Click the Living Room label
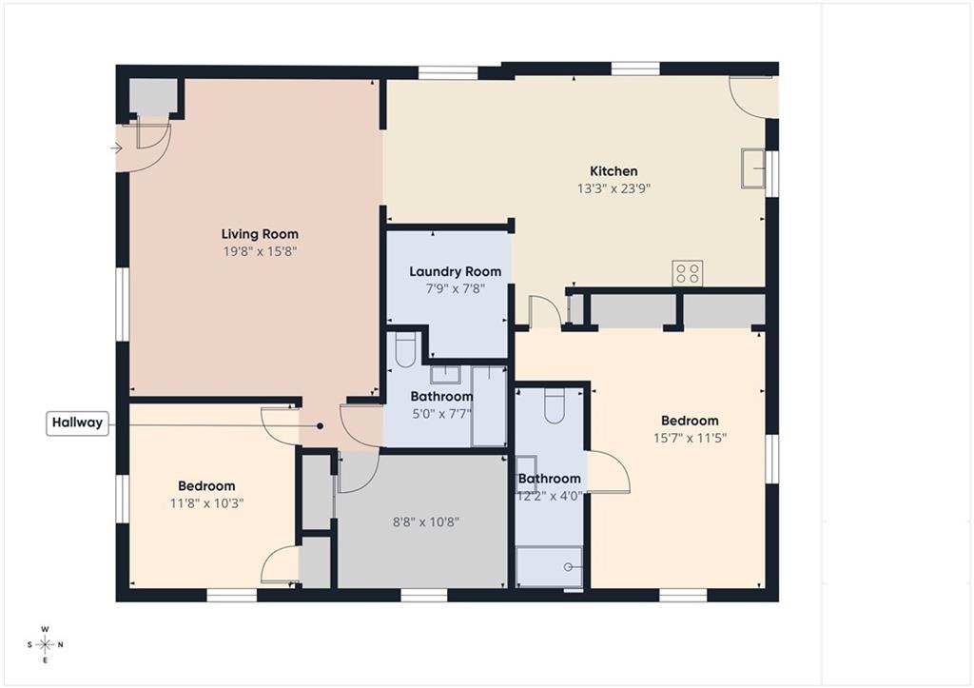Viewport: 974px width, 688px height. click(x=260, y=234)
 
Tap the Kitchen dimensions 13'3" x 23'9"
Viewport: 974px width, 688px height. click(x=614, y=188)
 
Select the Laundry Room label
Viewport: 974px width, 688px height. click(x=456, y=271)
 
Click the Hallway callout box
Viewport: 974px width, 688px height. click(x=78, y=423)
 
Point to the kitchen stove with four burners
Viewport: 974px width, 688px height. click(x=688, y=273)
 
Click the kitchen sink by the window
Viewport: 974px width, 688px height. click(x=753, y=167)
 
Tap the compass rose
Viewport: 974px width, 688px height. click(x=46, y=644)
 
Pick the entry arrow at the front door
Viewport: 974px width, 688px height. click(x=116, y=147)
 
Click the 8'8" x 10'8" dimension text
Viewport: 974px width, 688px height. click(x=426, y=522)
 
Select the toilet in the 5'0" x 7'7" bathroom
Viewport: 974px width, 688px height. click(x=405, y=349)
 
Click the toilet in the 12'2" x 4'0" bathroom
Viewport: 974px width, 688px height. click(x=555, y=405)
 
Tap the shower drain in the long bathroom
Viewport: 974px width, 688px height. click(x=568, y=567)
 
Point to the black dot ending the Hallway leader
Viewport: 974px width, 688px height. click(x=320, y=426)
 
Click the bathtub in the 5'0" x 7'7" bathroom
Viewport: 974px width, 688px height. click(x=489, y=406)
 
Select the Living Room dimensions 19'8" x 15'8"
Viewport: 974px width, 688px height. click(x=261, y=252)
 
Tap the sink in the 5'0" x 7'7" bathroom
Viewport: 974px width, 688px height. click(x=445, y=375)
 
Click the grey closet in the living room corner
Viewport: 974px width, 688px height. click(x=153, y=96)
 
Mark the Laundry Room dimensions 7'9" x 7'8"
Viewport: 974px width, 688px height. click(x=456, y=289)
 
